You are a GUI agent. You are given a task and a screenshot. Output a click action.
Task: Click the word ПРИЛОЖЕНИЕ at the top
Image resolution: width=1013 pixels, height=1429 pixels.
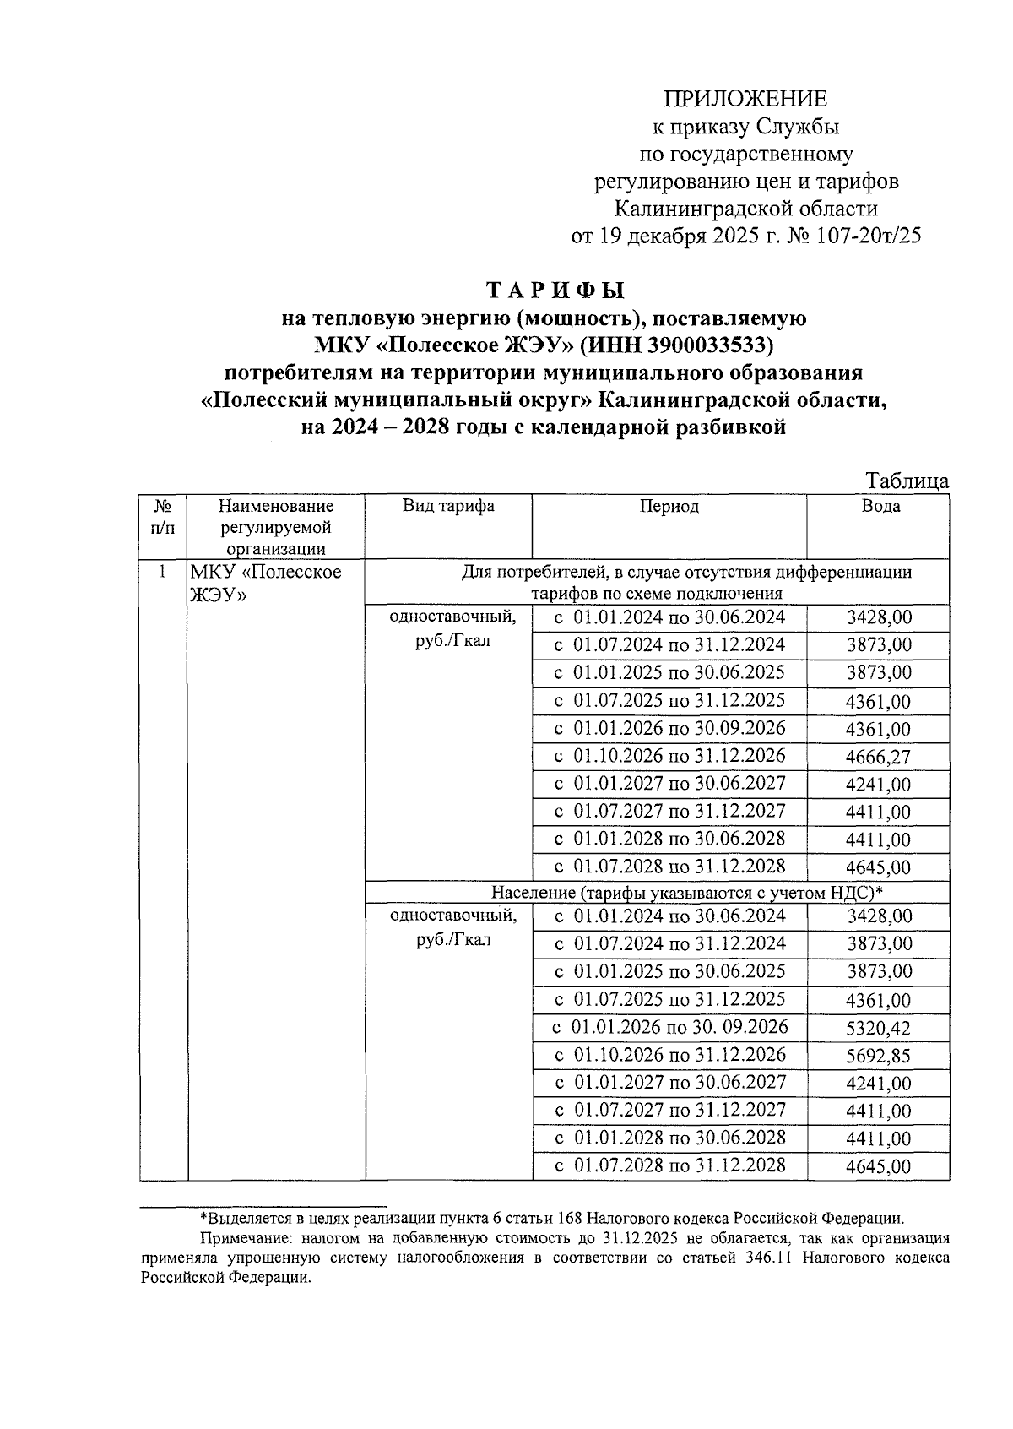tap(745, 99)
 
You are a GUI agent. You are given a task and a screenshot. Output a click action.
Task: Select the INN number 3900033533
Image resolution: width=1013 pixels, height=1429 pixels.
tap(710, 345)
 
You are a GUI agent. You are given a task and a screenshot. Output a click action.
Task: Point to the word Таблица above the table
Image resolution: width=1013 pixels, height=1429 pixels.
tap(907, 481)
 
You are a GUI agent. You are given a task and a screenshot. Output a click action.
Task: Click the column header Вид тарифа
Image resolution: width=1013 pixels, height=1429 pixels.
tap(447, 506)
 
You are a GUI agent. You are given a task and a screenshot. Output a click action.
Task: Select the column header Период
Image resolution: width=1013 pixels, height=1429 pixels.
tap(669, 506)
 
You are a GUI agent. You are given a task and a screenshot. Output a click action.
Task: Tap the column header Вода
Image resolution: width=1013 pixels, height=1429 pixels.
tap(880, 506)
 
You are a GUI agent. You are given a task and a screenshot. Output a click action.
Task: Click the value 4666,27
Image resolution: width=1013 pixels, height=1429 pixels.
tap(878, 757)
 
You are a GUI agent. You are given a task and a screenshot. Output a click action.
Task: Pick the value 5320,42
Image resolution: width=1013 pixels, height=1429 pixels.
tap(878, 1029)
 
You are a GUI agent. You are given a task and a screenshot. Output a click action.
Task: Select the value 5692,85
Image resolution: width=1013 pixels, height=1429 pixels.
tap(878, 1056)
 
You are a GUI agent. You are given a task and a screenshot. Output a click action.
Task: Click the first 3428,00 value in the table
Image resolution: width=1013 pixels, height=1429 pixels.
tap(878, 618)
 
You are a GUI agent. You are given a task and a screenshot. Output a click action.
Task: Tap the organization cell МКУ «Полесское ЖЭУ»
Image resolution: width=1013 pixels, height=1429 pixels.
tap(265, 583)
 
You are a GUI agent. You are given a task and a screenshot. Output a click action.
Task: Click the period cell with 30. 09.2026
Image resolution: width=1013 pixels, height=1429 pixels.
tap(670, 1027)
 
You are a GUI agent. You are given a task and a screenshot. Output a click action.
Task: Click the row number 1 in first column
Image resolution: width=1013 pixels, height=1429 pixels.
tap(162, 572)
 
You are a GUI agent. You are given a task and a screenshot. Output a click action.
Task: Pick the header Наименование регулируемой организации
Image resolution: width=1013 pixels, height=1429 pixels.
tap(275, 527)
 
